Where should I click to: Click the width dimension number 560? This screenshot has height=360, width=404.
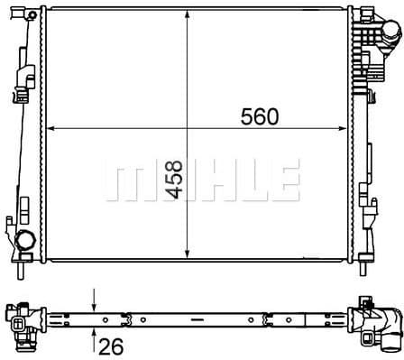pyautogui.click(x=262, y=116)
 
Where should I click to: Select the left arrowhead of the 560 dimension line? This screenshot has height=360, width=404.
pyautogui.click(x=50, y=128)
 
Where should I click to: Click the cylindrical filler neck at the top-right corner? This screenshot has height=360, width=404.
pyautogui.click(x=389, y=35)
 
